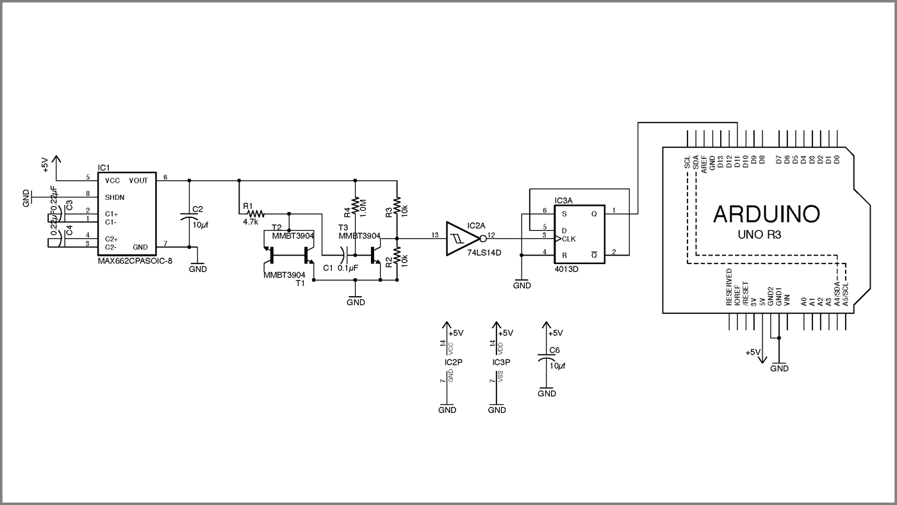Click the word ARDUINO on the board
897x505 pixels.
(766, 215)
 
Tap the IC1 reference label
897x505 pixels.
(103, 167)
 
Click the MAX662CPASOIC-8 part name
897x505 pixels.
(135, 261)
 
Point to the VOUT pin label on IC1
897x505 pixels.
(138, 181)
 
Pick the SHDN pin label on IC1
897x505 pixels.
(115, 197)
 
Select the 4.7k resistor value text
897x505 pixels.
(251, 222)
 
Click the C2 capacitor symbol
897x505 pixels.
(189, 219)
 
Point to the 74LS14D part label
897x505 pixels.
(484, 253)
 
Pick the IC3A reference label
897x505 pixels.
(564, 201)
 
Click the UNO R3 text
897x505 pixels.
(764, 236)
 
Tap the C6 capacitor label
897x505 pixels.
(554, 351)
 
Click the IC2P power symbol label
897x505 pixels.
(453, 363)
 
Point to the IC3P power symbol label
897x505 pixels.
(501, 363)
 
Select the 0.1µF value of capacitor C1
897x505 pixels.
(347, 267)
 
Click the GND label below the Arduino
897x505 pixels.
(779, 368)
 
